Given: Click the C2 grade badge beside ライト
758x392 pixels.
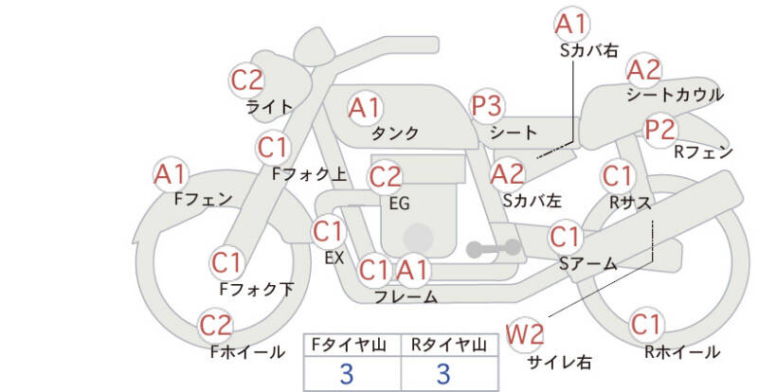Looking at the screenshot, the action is click(246, 80).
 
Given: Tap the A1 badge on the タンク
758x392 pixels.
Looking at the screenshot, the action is click(365, 108).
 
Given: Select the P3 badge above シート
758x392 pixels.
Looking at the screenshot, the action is click(487, 106).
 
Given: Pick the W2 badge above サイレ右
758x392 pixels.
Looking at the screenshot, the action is click(525, 334).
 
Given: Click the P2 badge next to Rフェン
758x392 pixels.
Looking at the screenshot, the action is click(659, 130).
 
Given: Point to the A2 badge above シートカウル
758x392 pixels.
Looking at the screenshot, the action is click(643, 71).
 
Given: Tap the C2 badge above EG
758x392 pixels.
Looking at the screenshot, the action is click(385, 177).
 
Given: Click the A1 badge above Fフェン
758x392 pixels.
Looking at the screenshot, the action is click(170, 174).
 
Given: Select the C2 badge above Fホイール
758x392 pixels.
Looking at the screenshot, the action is click(216, 326).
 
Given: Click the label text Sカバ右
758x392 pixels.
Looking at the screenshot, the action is click(589, 50).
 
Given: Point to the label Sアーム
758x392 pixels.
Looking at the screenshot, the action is click(587, 263).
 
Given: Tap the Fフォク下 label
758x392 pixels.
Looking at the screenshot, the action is click(257, 289).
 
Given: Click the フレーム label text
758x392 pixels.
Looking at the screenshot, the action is click(406, 296).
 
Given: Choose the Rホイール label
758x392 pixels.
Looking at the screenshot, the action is click(682, 351).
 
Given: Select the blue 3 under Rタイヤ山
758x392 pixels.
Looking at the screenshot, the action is click(443, 374).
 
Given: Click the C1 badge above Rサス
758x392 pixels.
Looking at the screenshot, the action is click(618, 176).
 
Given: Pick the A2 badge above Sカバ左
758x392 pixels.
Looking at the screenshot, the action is click(507, 174).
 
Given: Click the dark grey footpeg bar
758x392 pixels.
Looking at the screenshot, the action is click(494, 249).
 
